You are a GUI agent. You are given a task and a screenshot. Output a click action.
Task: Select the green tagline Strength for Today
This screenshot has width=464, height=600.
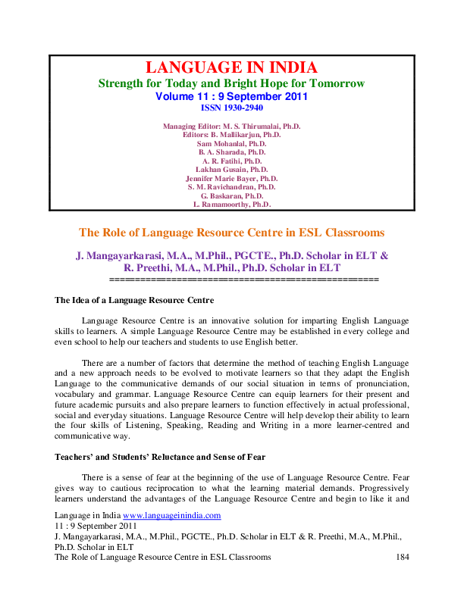pos(232,83)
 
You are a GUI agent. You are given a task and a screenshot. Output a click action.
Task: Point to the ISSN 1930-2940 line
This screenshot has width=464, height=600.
pos(232,109)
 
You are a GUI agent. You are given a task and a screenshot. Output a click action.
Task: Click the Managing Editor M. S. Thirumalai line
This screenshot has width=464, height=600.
pos(232,126)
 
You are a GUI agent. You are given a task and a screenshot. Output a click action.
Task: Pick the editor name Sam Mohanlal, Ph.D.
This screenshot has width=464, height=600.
pos(232,143)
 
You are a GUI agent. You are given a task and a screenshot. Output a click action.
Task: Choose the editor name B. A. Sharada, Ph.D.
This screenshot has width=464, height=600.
pos(232,152)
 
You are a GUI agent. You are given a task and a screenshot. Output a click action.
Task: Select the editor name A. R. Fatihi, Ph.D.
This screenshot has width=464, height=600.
pos(232,161)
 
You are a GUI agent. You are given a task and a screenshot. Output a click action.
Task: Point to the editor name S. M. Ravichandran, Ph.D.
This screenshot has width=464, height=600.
pos(232,186)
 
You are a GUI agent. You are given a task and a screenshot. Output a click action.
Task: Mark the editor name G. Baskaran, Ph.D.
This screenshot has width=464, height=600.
pos(232,195)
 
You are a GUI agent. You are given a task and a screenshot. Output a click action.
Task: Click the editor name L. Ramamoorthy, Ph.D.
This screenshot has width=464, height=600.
pos(232,205)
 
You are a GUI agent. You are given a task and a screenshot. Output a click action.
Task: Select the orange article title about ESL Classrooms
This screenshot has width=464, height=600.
pos(232,233)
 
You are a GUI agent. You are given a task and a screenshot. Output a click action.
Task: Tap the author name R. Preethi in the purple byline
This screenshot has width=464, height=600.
pos(152,268)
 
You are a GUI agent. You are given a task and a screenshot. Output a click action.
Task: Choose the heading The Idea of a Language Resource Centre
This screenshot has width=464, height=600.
pos(135,301)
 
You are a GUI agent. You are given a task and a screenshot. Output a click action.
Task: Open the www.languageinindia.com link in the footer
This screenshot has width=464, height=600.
pos(177,515)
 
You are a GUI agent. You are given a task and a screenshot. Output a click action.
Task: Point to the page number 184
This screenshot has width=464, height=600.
pos(403,557)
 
